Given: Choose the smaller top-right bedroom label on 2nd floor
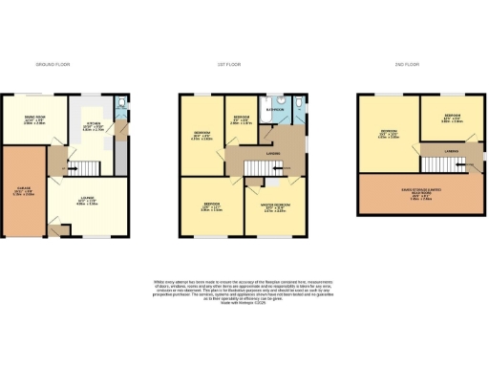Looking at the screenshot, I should (451, 119).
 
